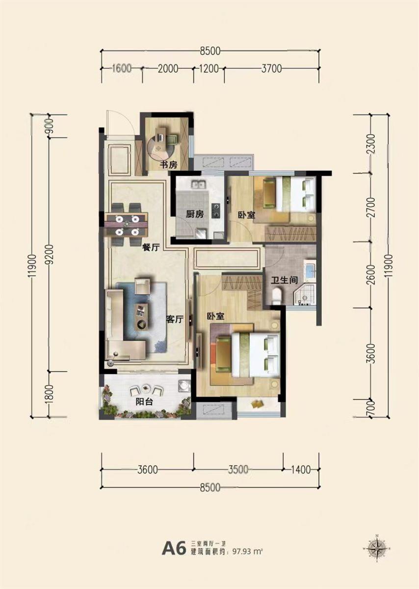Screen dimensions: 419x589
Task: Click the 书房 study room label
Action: click(169, 165)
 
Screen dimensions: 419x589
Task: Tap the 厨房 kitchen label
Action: click(195, 214)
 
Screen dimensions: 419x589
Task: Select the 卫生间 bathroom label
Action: click(285, 280)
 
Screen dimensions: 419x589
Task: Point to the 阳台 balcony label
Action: click(144, 402)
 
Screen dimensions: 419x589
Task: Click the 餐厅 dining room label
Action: click(151, 247)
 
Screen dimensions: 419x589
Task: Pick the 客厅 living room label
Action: click(175, 319)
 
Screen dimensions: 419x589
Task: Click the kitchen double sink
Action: click(198, 184)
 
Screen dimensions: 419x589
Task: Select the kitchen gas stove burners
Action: click(216, 211)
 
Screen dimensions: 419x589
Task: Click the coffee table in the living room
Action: click(142, 317)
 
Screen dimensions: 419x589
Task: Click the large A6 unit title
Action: click(174, 546)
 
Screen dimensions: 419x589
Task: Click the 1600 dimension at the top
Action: click(122, 68)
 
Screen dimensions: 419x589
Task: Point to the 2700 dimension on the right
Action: click(372, 208)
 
